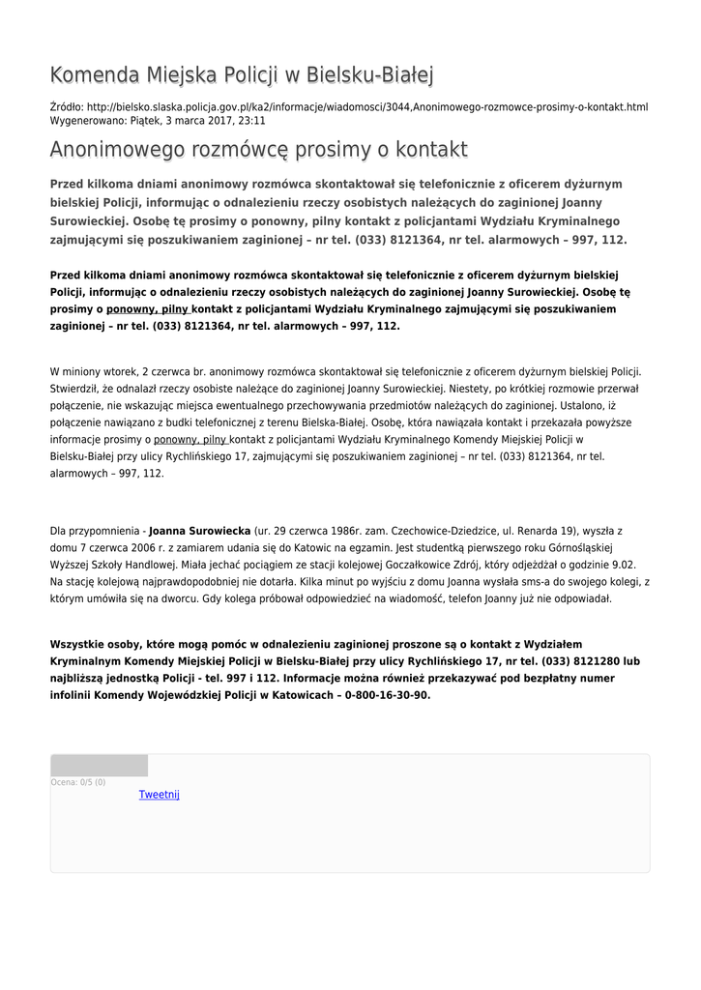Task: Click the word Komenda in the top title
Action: coord(94,74)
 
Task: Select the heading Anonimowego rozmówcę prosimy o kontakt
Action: coord(258,150)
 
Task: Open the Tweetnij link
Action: coord(160,795)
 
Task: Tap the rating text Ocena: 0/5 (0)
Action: coord(78,782)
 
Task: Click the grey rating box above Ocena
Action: coord(99,766)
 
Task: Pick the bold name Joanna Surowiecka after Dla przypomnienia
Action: coord(200,531)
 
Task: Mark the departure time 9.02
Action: coord(625,565)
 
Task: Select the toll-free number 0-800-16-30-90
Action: coord(384,694)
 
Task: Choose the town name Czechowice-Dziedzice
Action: coord(447,531)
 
